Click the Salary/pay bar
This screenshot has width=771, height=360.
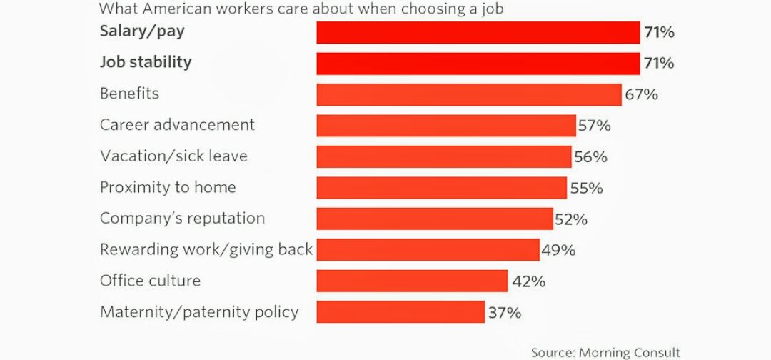(478, 32)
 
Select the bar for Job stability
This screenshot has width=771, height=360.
(478, 63)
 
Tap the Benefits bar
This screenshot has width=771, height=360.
(468, 94)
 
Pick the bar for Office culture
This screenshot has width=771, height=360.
(412, 281)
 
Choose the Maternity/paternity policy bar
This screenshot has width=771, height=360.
(400, 312)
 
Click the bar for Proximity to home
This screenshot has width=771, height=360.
(441, 188)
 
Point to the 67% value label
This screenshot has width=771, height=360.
(642, 94)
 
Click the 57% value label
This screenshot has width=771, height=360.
(595, 126)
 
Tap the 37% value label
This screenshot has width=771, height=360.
(505, 312)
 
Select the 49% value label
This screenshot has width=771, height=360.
(559, 250)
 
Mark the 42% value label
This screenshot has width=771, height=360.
(528, 281)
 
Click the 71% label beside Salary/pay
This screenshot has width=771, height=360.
(658, 32)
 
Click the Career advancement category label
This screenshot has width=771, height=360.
(177, 125)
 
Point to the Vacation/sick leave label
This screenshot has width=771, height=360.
(173, 156)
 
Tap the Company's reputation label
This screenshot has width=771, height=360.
(182, 219)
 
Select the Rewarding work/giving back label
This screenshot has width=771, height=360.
(206, 250)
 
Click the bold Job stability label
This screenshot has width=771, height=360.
(146, 63)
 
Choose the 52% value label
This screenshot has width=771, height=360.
(571, 219)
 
